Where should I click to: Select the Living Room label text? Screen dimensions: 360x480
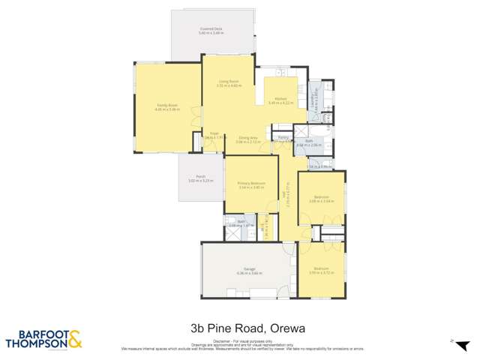[229, 81]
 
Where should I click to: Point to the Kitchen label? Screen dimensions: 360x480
[280, 98]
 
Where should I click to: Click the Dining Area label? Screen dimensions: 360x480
[248, 137]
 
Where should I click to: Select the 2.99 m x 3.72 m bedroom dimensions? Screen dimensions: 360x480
[321, 272]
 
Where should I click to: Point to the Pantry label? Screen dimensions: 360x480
[283, 137]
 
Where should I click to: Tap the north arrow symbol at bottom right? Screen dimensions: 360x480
[453, 340]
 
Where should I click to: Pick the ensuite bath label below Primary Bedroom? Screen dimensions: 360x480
[241, 221]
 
